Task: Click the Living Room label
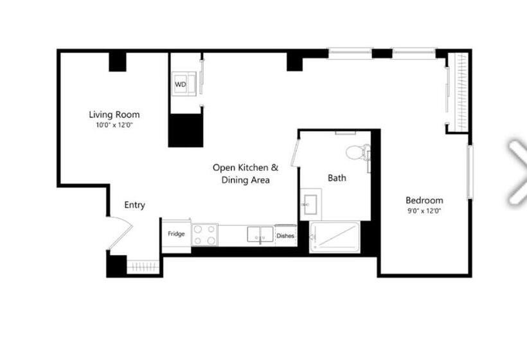pos(114,114)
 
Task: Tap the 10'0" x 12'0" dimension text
pos(114,125)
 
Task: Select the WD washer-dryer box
pos(184,84)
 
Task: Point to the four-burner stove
pos(204,235)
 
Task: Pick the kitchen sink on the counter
pos(260,234)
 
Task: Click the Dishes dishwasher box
pos(286,236)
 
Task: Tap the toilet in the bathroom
pos(357,152)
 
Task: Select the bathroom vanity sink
pos(310,204)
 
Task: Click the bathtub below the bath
pos(334,237)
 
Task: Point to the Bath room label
pos(337,178)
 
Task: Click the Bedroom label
pos(424,201)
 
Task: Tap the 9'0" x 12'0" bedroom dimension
pos(424,211)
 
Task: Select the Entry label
pos(135,205)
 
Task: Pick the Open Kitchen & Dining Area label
pos(246,174)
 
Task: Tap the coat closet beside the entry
pos(143,267)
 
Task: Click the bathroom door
pos(295,152)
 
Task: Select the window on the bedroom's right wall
pos(470,172)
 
